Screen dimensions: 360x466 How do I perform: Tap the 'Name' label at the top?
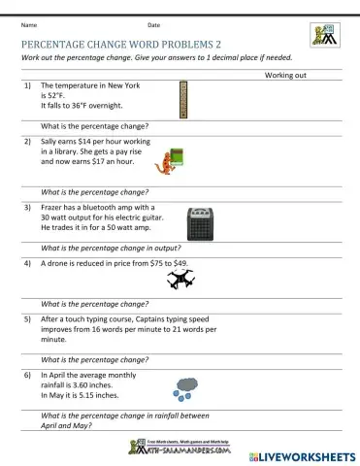28,24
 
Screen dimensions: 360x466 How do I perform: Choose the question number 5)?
29,317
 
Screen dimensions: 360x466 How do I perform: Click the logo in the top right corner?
323,34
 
